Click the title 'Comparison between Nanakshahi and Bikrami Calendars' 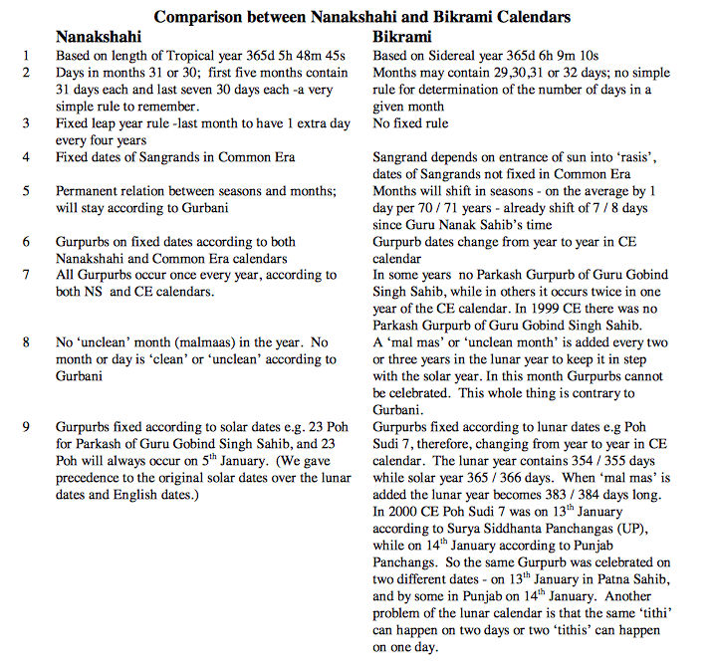click(356, 16)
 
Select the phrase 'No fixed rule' click(410, 123)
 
